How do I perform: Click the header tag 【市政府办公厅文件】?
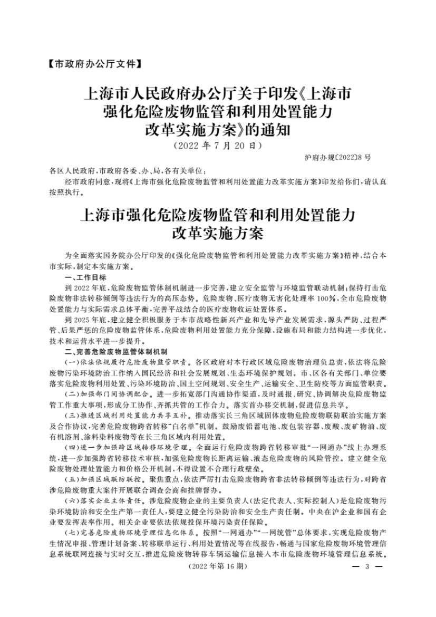[93, 65]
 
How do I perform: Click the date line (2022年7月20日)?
[218, 144]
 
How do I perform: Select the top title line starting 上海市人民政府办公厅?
[218, 95]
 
